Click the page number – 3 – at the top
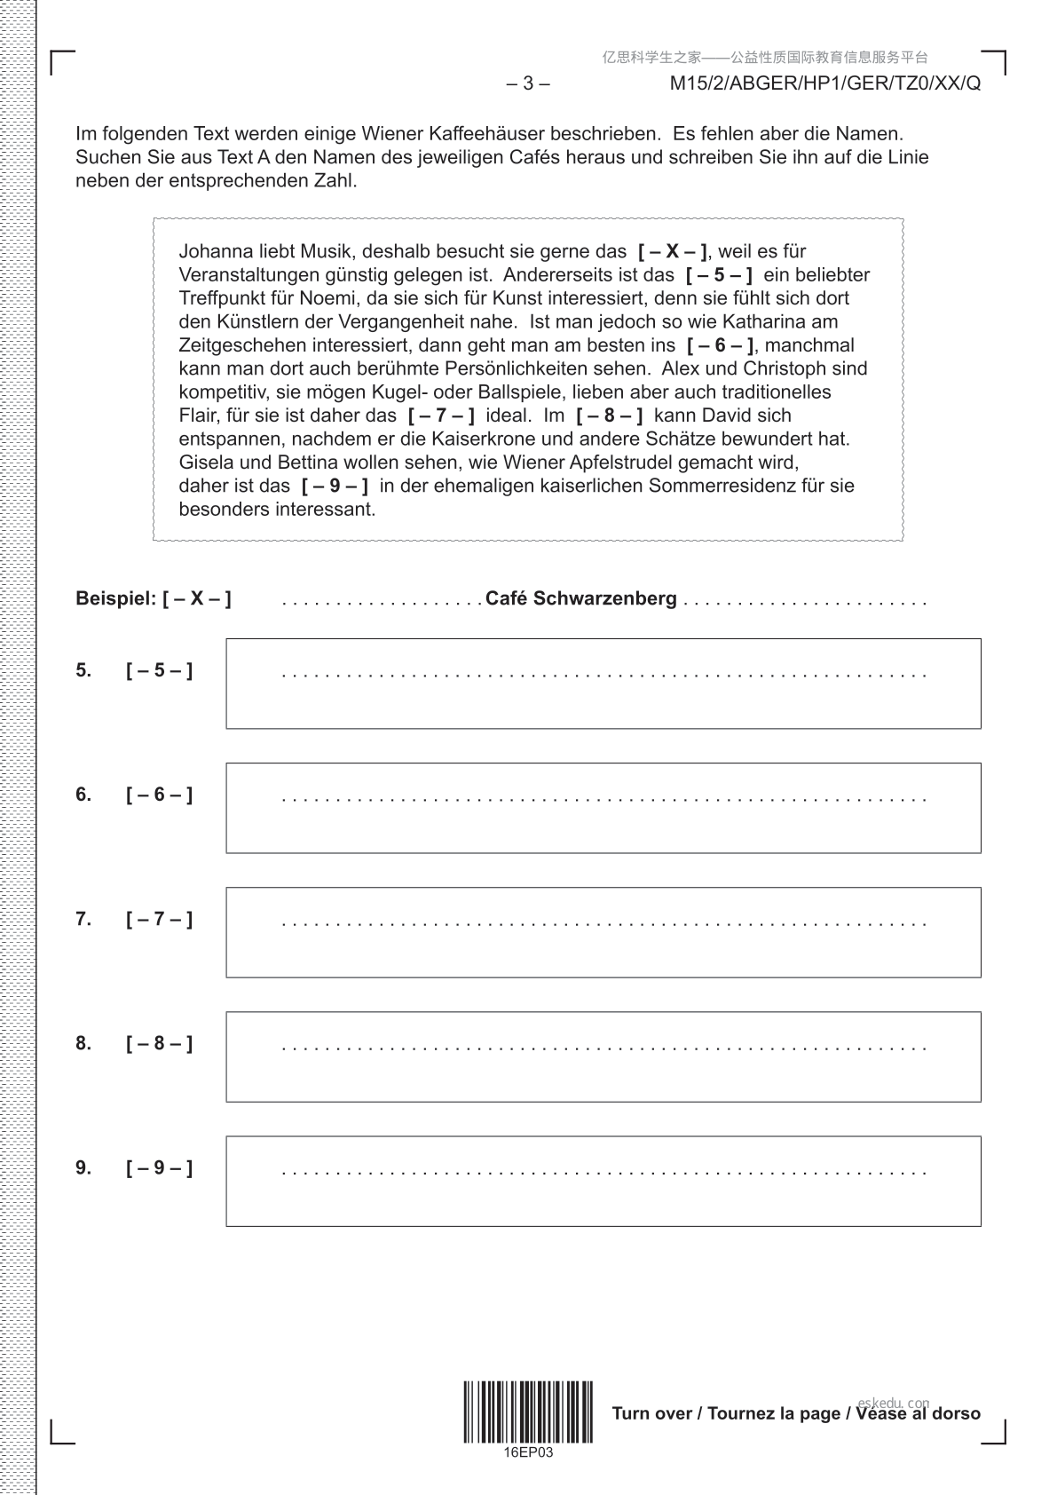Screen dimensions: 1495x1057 point(527,84)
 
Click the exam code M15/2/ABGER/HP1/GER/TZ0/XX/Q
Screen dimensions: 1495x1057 point(824,84)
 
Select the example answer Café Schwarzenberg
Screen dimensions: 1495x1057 point(580,599)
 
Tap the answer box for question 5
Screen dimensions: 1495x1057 point(603,684)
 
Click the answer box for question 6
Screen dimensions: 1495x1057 point(603,808)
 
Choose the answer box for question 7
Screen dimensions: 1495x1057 point(603,932)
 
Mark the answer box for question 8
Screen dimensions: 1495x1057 point(603,1056)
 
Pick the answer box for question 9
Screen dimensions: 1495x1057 point(603,1181)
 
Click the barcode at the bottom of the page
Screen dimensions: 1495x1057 point(527,1412)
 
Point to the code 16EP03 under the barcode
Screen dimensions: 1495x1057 point(527,1453)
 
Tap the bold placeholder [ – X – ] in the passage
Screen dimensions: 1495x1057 point(673,251)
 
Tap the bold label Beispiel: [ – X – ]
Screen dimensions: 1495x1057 point(153,599)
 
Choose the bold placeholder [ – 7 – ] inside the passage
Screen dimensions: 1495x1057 point(440,415)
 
